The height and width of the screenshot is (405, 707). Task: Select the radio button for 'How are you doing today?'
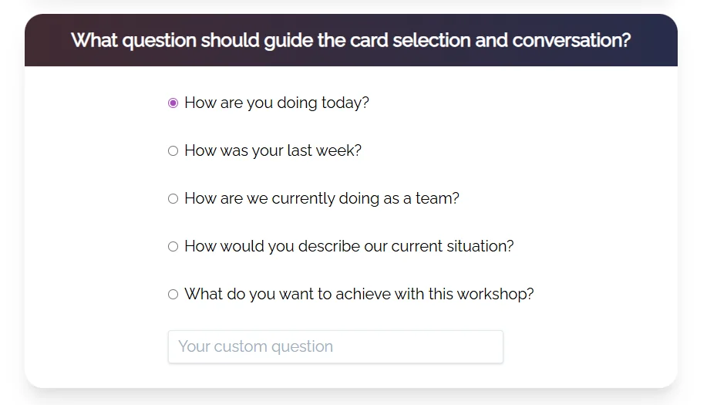173,103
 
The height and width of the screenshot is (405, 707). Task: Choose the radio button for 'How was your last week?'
173,151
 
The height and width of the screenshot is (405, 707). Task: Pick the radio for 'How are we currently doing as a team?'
173,199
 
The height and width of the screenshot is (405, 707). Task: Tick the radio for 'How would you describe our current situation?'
173,247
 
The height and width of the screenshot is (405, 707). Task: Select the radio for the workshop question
173,295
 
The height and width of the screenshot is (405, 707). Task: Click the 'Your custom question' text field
335,347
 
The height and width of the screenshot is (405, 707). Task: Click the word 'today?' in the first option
344,103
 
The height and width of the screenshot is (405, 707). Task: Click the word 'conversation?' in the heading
571,40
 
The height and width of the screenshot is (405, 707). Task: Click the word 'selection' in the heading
431,40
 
